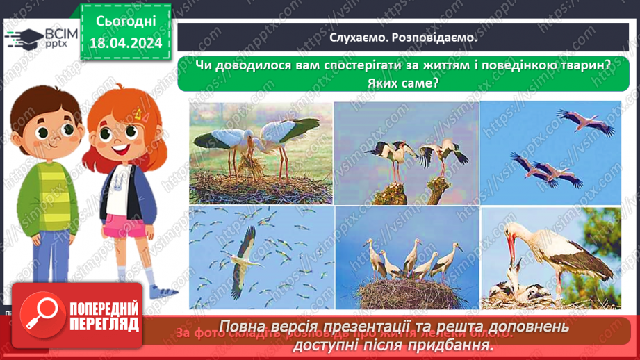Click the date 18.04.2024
[x=125, y=43]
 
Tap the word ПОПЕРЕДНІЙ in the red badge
[x=103, y=309]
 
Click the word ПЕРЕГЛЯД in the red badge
[x=103, y=324]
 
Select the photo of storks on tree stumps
[x=407, y=153]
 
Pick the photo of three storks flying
[x=550, y=153]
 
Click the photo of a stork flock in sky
[x=261, y=257]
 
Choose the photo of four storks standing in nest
[x=407, y=257]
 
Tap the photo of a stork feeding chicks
[x=550, y=257]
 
